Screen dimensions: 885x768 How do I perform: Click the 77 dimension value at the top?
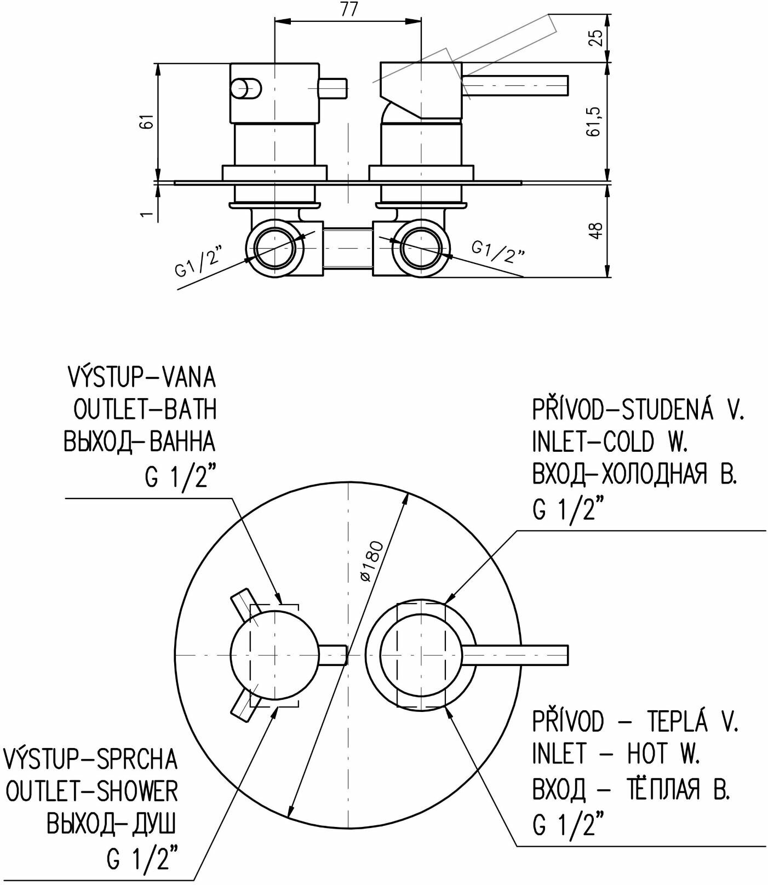[x=348, y=10]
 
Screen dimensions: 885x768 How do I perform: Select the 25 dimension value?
[x=596, y=37]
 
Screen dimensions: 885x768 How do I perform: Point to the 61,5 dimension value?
[x=596, y=121]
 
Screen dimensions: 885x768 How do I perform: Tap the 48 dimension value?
[x=596, y=229]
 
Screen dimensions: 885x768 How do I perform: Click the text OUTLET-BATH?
[x=145, y=409]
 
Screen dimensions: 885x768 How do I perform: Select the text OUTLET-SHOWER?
[x=91, y=791]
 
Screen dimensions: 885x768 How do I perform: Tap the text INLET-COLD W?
[x=610, y=441]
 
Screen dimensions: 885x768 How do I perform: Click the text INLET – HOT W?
[x=616, y=754]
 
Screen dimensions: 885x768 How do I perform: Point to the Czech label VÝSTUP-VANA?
[x=141, y=377]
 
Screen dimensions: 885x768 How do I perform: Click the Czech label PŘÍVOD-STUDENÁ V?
[x=638, y=409]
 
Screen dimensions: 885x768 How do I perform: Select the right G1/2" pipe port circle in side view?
[x=421, y=248]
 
